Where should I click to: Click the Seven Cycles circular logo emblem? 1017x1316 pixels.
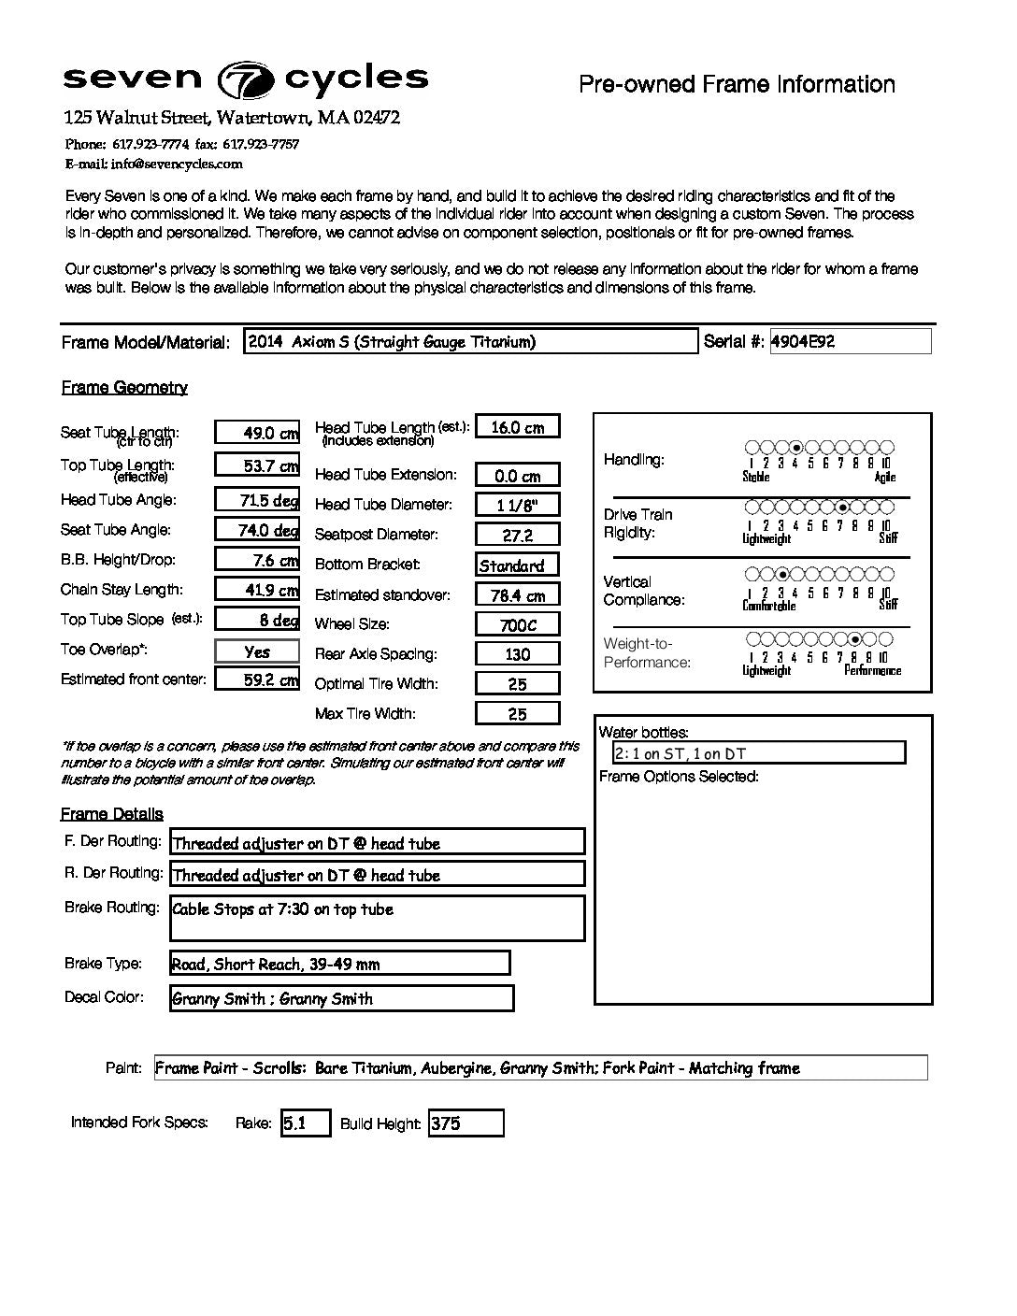[x=246, y=81]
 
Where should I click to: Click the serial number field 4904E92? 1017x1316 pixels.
[x=849, y=341]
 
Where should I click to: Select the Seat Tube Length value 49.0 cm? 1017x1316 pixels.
[x=257, y=432]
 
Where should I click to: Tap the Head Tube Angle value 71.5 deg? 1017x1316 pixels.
[x=257, y=500]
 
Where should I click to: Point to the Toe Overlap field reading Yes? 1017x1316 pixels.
[x=257, y=651]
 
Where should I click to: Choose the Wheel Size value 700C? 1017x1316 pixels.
[x=517, y=624]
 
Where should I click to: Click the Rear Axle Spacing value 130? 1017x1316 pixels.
[x=517, y=654]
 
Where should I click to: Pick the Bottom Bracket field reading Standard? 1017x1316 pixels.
[x=517, y=565]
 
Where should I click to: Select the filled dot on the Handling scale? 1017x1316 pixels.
[x=796, y=448]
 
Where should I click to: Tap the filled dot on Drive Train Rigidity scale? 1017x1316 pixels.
[x=842, y=507]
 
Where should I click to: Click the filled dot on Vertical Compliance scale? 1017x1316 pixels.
[x=782, y=574]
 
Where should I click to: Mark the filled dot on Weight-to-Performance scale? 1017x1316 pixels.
[x=855, y=639]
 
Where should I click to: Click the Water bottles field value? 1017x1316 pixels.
[x=758, y=753]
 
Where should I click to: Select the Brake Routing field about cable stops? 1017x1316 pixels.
[x=377, y=918]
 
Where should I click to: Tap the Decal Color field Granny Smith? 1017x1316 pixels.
[x=341, y=998]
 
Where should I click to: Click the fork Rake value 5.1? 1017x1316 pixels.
[x=306, y=1123]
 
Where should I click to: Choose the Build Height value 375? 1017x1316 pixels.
[x=466, y=1123]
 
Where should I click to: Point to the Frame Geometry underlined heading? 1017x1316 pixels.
[x=124, y=388]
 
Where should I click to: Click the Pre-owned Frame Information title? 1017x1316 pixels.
[x=737, y=84]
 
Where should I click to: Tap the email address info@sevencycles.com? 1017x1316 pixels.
[x=177, y=164]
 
